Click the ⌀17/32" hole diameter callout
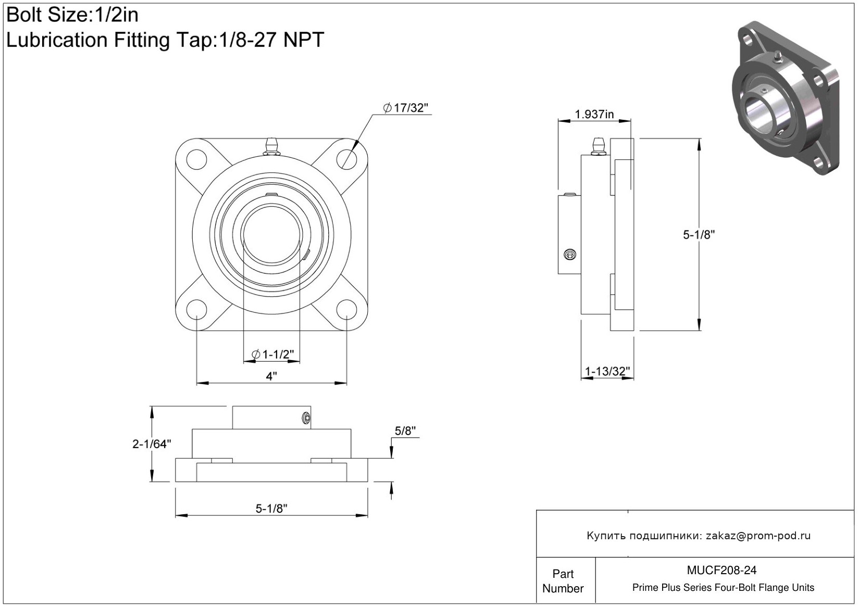(406, 108)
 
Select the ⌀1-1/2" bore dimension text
(273, 354)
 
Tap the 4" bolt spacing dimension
(271, 376)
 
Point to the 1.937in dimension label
(594, 114)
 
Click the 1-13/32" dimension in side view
(607, 371)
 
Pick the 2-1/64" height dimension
(152, 444)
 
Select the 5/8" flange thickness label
(405, 431)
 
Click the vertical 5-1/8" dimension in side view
(699, 234)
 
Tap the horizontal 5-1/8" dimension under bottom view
(271, 509)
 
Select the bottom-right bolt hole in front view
(346, 309)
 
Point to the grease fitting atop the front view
(271, 146)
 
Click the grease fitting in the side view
(597, 146)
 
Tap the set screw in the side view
(570, 255)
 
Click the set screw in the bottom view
(306, 417)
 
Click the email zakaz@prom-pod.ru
(758, 536)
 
